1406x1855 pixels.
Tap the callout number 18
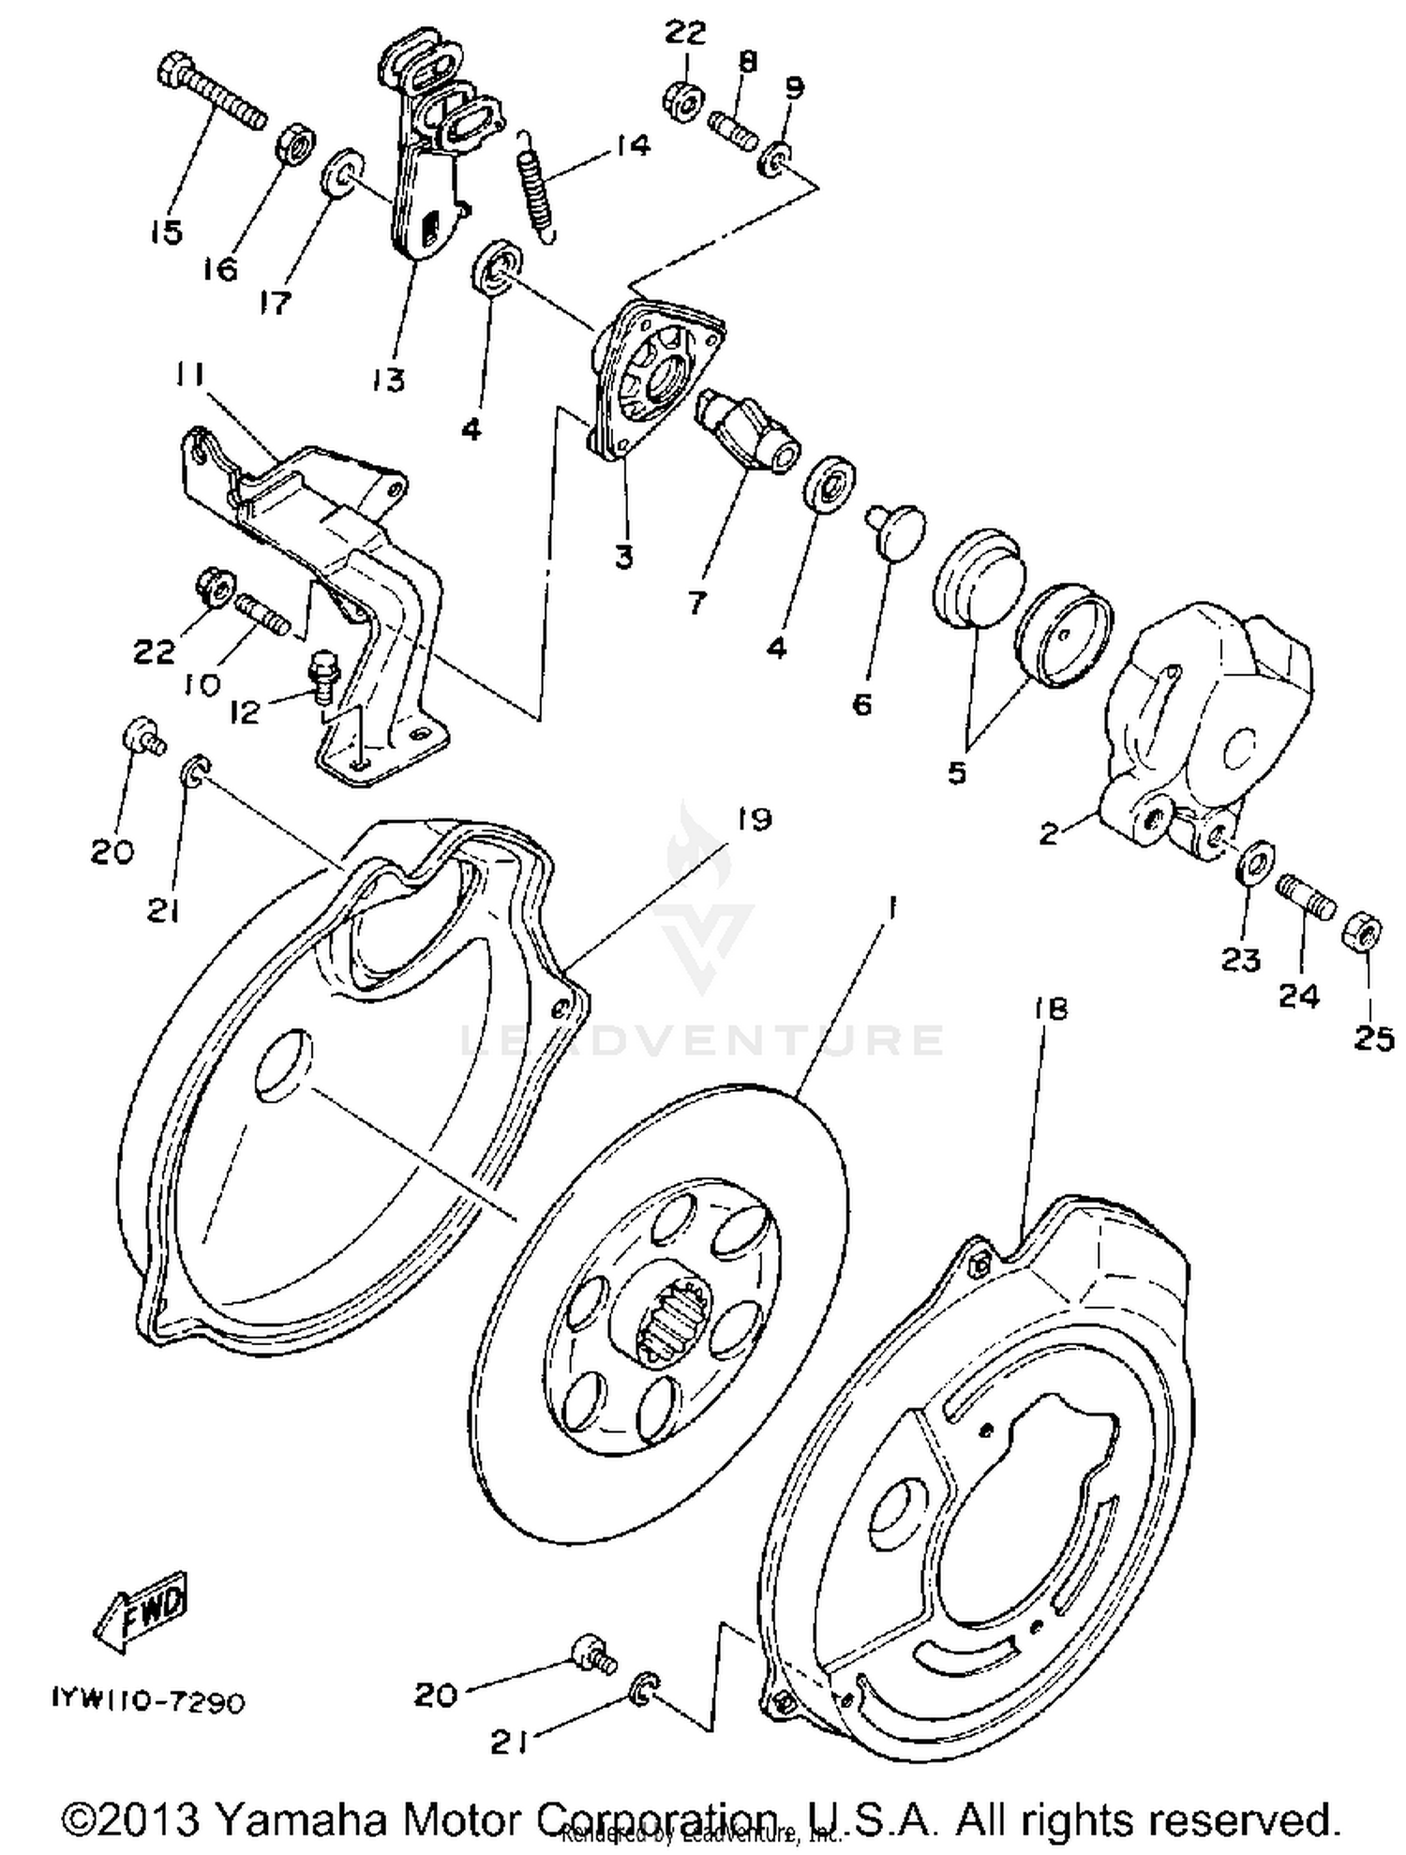[x=1051, y=1009]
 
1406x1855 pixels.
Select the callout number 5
[x=956, y=774]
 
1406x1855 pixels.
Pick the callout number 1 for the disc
[x=891, y=906]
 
